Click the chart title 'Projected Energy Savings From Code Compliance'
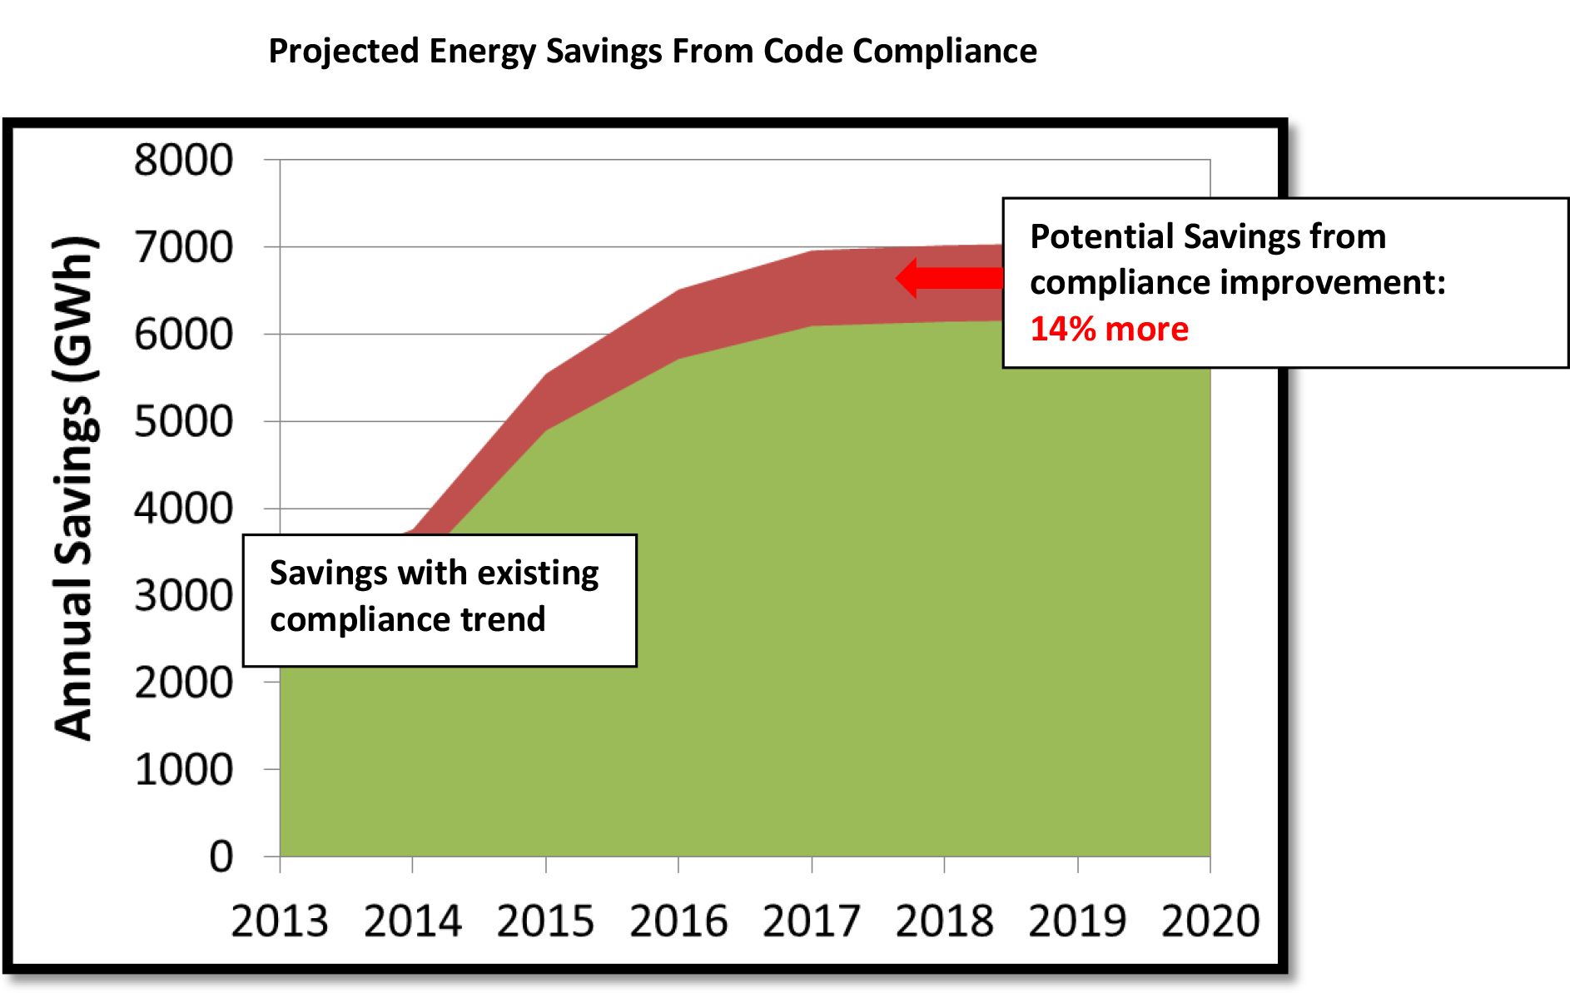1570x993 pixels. point(653,52)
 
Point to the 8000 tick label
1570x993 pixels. point(184,160)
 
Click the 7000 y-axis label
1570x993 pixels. point(184,247)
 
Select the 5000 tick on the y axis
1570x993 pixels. point(184,421)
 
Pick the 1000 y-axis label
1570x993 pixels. point(184,770)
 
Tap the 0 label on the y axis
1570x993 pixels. point(221,856)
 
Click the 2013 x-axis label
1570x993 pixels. point(280,921)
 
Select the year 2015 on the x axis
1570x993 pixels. point(545,921)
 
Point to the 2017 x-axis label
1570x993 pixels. point(812,921)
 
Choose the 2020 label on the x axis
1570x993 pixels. point(1210,921)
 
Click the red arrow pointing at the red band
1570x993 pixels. point(950,278)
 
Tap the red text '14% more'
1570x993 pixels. point(1109,329)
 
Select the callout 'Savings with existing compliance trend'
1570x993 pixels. point(440,600)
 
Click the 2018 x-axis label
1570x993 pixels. point(944,921)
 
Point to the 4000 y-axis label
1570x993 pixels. point(184,509)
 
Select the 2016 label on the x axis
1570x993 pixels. point(678,921)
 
